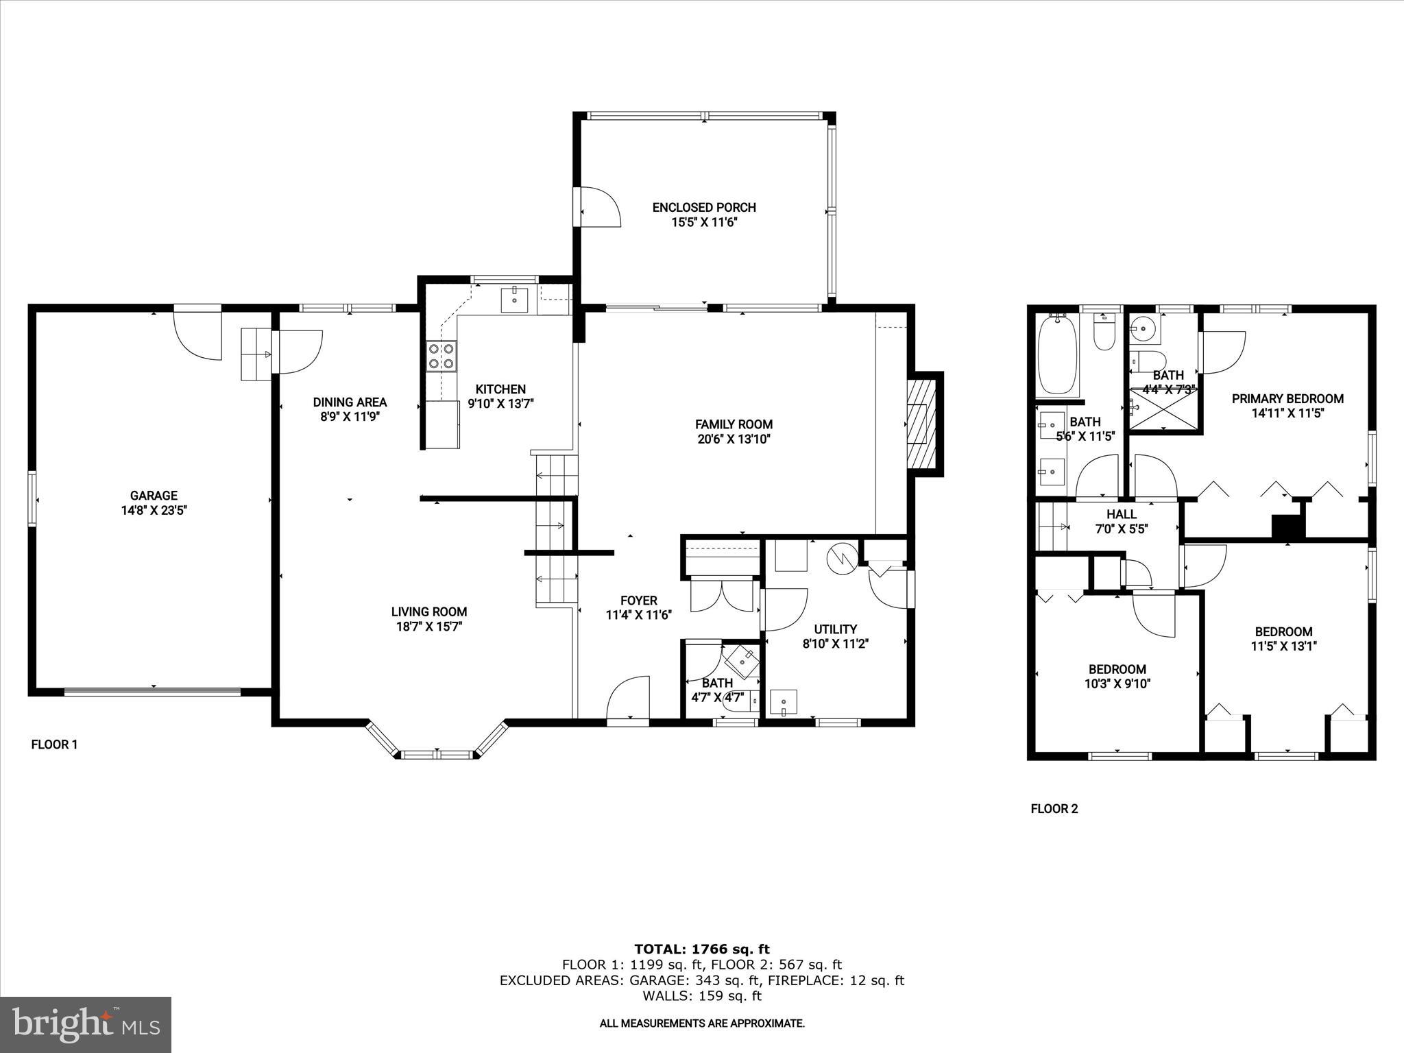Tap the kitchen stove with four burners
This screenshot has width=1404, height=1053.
441,356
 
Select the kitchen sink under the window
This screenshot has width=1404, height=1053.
514,300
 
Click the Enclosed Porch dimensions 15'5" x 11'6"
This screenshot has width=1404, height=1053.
704,222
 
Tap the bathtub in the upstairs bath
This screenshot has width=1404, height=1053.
1058,356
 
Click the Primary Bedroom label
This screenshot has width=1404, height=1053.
1287,398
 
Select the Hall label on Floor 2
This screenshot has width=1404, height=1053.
1121,514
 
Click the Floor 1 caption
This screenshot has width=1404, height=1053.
54,745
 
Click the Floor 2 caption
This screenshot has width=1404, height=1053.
1054,809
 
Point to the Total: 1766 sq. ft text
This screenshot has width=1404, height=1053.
701,949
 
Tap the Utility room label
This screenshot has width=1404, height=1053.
835,629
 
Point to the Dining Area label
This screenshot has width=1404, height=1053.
350,402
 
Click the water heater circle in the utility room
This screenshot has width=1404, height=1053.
841,559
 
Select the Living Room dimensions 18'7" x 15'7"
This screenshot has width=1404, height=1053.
429,627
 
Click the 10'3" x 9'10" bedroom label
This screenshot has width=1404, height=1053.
1117,669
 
